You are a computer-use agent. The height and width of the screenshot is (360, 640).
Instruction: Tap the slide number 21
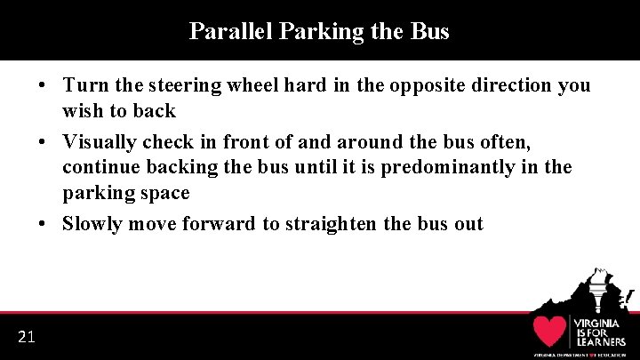(x=26, y=336)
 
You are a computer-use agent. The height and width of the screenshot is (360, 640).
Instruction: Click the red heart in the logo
(x=550, y=331)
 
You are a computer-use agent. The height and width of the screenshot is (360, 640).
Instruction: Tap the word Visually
(x=100, y=142)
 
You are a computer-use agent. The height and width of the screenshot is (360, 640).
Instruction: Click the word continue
(x=99, y=167)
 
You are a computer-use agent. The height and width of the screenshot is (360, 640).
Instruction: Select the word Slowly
(x=92, y=224)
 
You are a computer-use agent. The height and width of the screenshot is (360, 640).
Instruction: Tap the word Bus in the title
(x=430, y=32)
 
